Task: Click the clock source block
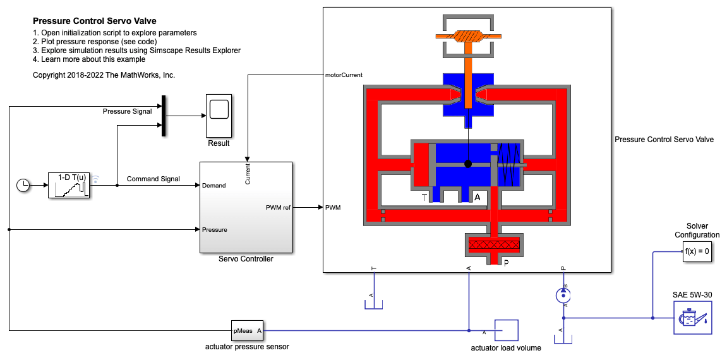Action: click(x=23, y=186)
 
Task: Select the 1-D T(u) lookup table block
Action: click(x=69, y=185)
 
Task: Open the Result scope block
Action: click(x=219, y=116)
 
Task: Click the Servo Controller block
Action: click(x=246, y=208)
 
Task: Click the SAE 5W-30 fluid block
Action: click(x=692, y=318)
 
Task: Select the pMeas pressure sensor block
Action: click(x=248, y=330)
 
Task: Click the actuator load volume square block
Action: click(x=507, y=330)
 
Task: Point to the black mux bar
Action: click(x=164, y=116)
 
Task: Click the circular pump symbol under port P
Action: click(x=563, y=295)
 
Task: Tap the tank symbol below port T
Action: click(x=373, y=304)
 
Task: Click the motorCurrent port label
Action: click(x=344, y=75)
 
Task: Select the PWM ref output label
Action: click(x=278, y=208)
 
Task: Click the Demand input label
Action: click(x=214, y=186)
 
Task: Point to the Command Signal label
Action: click(x=153, y=179)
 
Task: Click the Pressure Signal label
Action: click(x=127, y=111)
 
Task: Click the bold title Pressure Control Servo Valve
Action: click(x=95, y=21)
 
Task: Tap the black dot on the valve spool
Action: click(x=468, y=164)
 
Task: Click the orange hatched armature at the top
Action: click(x=468, y=36)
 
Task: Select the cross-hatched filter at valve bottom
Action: click(x=494, y=244)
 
